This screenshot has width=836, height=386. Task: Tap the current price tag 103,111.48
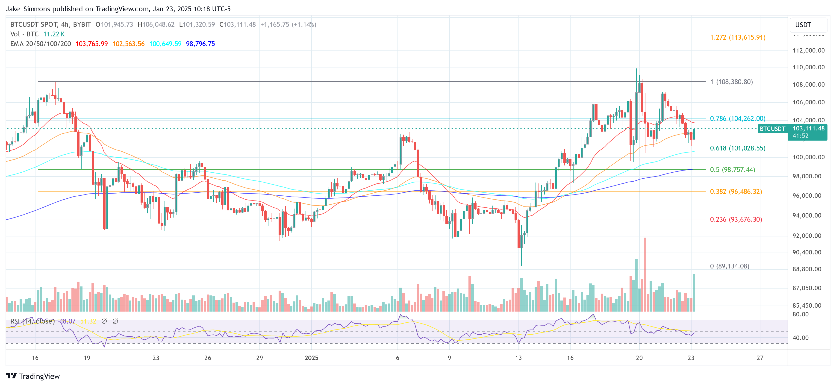[x=808, y=129]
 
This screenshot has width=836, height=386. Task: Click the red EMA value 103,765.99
[x=91, y=44]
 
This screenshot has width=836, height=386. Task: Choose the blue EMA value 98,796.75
[x=200, y=44]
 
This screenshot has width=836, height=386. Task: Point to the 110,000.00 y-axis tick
[x=808, y=68]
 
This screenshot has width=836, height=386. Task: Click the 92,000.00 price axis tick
[x=808, y=236]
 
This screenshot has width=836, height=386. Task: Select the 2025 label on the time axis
[x=311, y=358]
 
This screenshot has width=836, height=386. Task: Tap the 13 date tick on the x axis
[x=518, y=358]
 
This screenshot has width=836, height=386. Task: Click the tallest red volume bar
[x=645, y=274]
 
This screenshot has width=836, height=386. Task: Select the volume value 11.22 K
[x=54, y=34]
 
